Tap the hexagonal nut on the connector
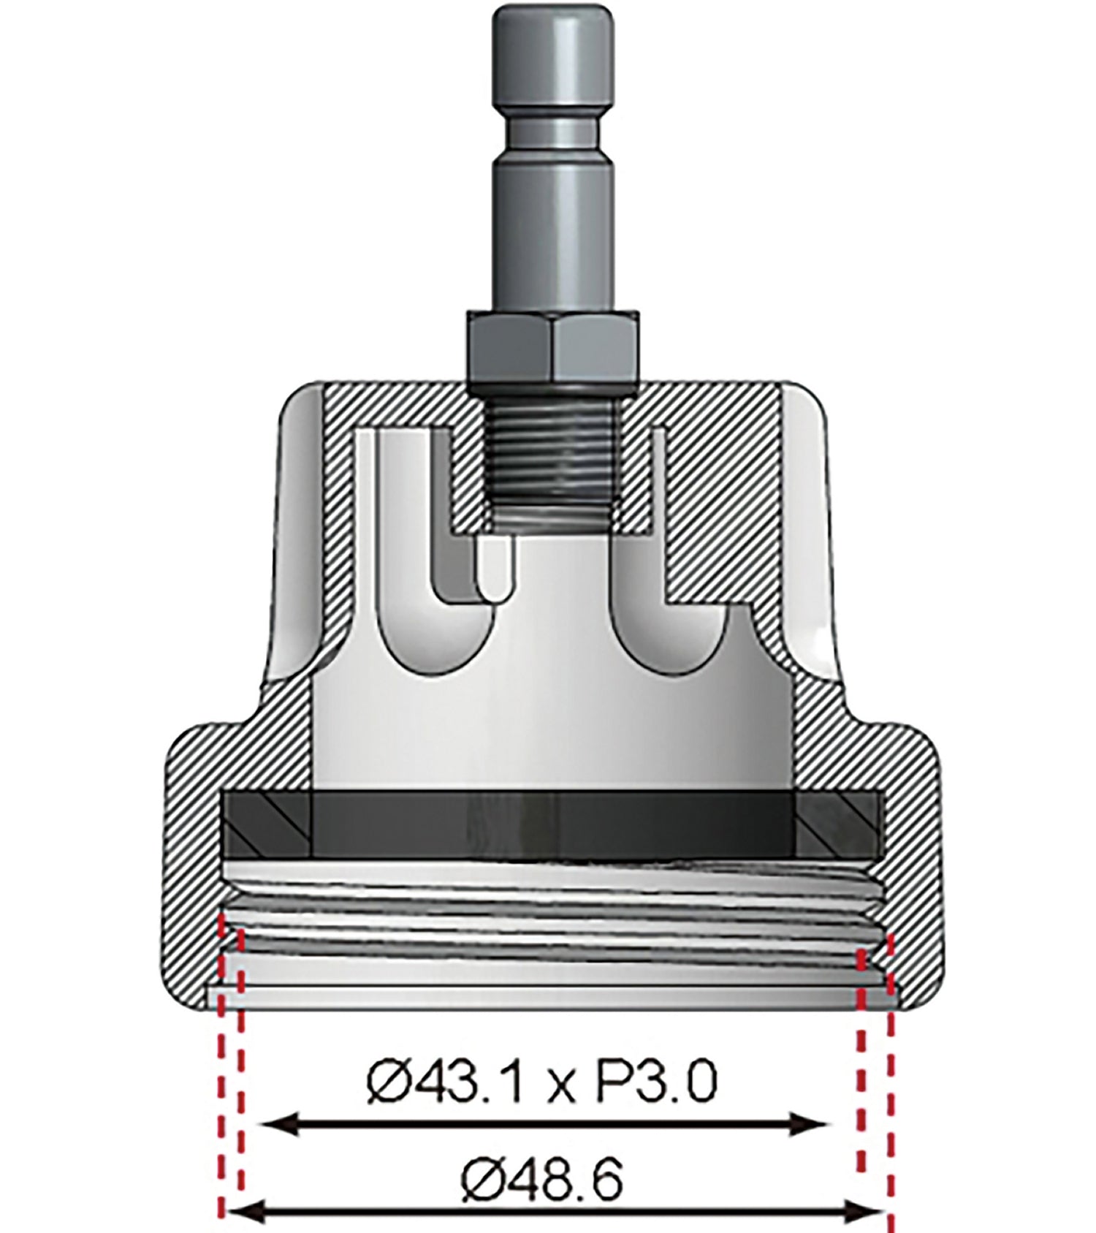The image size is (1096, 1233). [x=553, y=346]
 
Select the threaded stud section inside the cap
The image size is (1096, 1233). [x=553, y=460]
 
